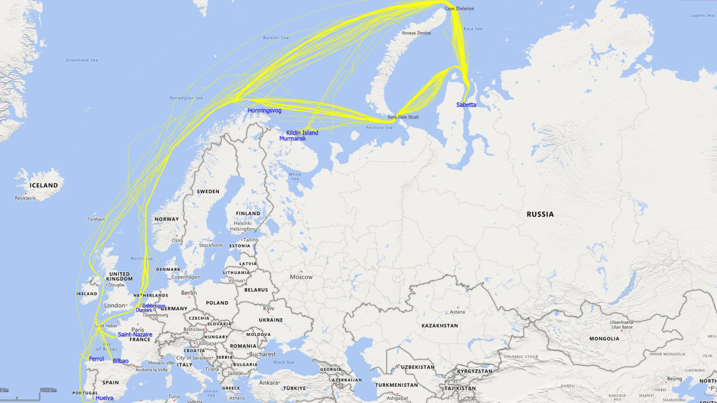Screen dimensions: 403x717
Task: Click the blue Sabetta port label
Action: (x=466, y=105)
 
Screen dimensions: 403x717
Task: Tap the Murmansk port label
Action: (x=292, y=139)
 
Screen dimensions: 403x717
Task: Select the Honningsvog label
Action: (x=264, y=111)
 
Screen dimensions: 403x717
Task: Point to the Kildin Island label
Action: (x=302, y=133)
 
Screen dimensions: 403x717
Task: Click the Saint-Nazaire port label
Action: (x=135, y=334)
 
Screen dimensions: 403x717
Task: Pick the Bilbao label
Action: (x=120, y=361)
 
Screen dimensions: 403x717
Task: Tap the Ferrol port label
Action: (x=96, y=359)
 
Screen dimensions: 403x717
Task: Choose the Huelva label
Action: (x=104, y=398)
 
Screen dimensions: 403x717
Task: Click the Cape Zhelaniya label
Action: (x=459, y=9)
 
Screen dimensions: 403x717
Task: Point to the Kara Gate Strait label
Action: (x=403, y=117)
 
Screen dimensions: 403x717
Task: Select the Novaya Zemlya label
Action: (x=416, y=33)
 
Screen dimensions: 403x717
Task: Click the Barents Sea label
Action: (x=275, y=38)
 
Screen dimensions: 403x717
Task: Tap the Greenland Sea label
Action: (x=82, y=60)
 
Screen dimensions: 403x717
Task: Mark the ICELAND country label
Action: (x=44, y=186)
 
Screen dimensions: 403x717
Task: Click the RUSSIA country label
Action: (x=540, y=215)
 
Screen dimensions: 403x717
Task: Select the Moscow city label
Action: (x=301, y=277)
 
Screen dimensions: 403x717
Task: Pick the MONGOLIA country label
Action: (x=604, y=339)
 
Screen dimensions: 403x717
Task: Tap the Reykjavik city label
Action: (x=25, y=198)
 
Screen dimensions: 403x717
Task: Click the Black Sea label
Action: (x=283, y=362)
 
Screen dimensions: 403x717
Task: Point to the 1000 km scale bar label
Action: (x=48, y=390)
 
